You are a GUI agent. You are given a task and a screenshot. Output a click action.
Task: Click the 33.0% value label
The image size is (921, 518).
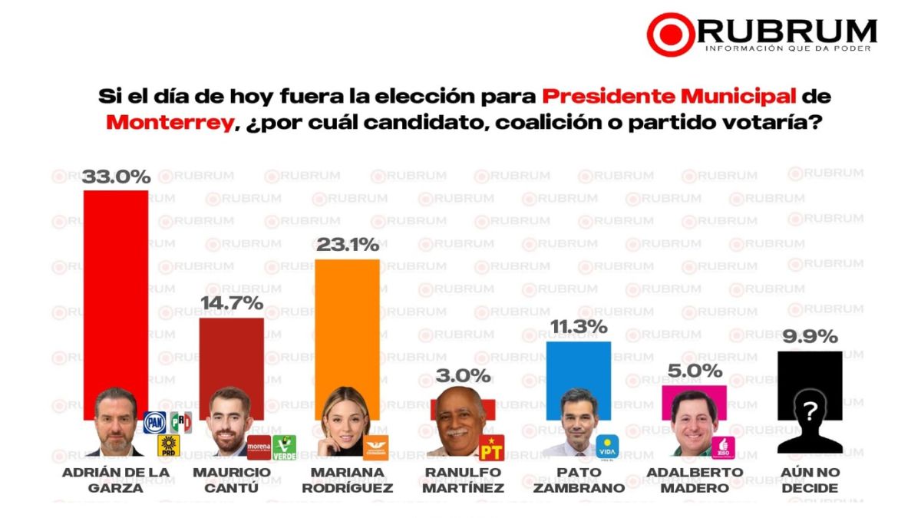(x=116, y=177)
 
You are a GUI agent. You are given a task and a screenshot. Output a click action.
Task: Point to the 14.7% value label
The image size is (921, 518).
(x=232, y=303)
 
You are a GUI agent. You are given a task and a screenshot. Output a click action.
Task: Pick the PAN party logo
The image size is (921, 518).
(x=155, y=422)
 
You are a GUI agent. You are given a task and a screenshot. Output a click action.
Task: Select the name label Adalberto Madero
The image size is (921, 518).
(x=695, y=480)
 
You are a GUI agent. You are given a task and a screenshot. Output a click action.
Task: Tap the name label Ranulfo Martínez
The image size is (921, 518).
(x=464, y=480)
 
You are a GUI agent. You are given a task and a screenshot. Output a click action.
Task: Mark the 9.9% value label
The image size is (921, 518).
(x=810, y=337)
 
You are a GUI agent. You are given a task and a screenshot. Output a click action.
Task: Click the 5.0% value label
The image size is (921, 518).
(x=695, y=371)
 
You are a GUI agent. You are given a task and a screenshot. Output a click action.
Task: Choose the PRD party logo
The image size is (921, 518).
(x=168, y=446)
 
